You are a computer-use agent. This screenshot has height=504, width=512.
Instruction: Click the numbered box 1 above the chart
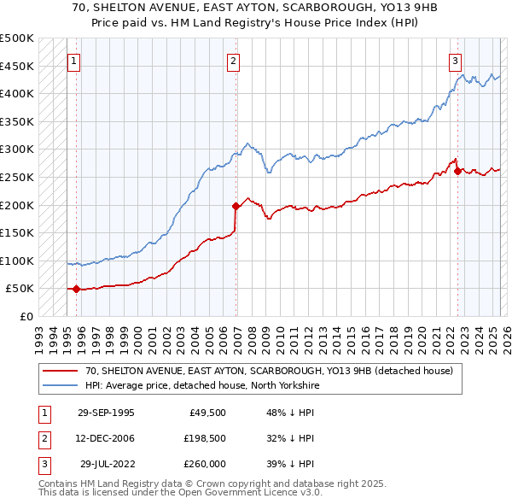coord(74,61)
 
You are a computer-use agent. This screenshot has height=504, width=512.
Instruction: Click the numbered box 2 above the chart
coord(234,61)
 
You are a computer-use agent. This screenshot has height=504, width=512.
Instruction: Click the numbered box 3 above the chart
coord(456,61)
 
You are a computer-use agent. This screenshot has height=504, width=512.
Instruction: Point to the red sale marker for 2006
coord(236,206)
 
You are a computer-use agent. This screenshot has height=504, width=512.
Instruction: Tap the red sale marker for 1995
coord(77,289)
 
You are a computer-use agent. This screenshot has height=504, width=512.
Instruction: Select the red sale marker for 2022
coord(458,172)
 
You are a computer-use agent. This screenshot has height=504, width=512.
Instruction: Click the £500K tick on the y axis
coord(18,38)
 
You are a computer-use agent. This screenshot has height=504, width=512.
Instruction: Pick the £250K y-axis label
coord(18,177)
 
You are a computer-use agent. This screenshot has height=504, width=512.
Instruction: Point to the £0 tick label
coord(26,316)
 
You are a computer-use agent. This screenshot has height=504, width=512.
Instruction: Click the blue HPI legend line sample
coord(60,385)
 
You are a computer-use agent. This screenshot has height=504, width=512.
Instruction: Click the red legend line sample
coord(60,371)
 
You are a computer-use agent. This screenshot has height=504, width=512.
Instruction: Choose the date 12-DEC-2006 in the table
coord(106,438)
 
